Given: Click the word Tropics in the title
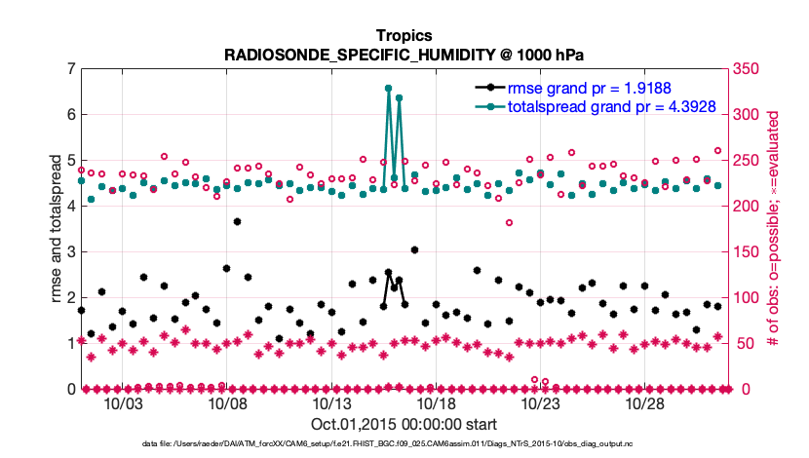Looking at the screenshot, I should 404,36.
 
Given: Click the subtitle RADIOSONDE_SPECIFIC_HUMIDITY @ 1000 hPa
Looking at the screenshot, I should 404,55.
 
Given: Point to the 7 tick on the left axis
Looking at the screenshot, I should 71,69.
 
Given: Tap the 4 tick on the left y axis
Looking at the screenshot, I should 71,207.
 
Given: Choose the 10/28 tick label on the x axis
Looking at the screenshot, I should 644,403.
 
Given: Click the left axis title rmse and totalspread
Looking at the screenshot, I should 56,228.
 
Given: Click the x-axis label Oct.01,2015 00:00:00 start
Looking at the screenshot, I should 404,424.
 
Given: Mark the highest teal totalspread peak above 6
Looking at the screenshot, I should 389,88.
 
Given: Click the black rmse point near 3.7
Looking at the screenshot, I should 237,221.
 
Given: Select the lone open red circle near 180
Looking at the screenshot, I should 509,222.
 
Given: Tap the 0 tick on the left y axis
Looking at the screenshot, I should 71,390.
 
